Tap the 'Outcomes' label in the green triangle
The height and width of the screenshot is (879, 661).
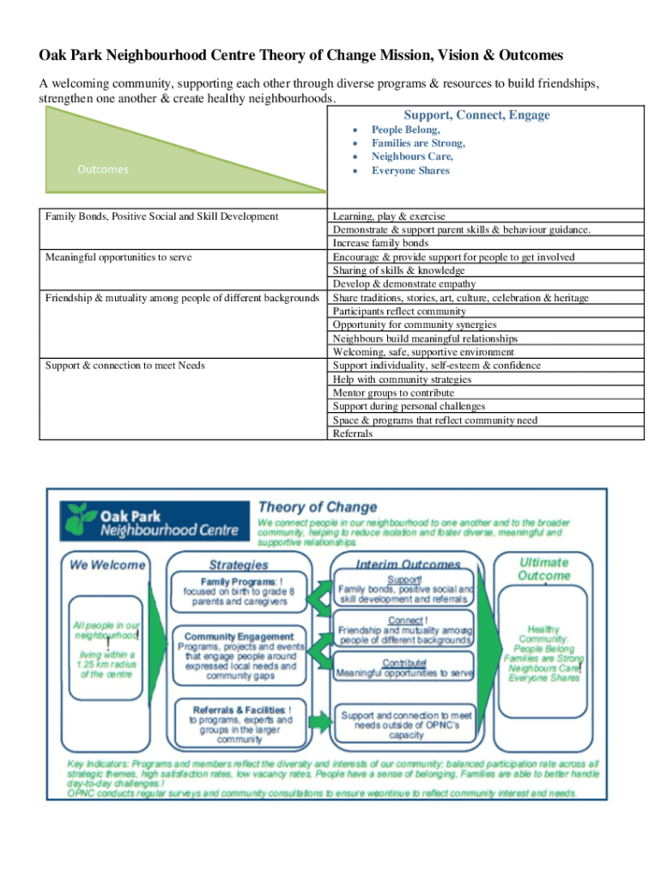coord(102,169)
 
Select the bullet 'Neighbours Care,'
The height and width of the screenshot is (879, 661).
coord(412,157)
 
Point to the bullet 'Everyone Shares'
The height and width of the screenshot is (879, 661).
coord(410,171)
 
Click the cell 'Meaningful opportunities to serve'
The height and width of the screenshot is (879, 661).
coord(118,257)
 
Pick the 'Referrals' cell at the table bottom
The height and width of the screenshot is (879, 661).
coord(353,433)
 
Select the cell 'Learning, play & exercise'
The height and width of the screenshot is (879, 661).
coord(389,216)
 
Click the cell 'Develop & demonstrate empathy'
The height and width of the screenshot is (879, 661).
coord(404,284)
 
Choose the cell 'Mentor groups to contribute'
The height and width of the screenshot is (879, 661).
coord(393,393)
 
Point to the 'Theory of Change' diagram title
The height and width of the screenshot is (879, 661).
coord(318,507)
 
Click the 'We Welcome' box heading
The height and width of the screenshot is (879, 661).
coord(107,565)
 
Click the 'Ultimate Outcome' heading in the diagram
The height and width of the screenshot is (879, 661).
coord(543,568)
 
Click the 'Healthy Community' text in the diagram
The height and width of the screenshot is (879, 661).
coord(543,634)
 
